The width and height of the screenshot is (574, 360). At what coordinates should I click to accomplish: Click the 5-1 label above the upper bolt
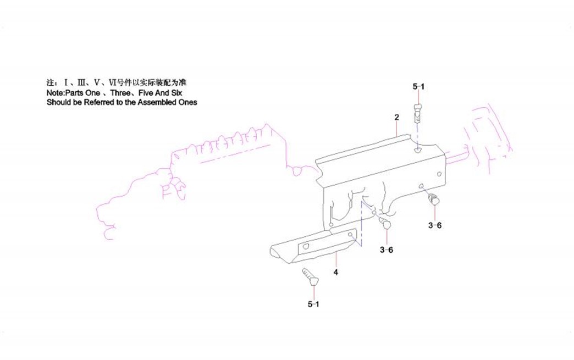coord(418,86)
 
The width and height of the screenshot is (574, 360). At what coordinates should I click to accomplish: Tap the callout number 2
coord(396,118)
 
